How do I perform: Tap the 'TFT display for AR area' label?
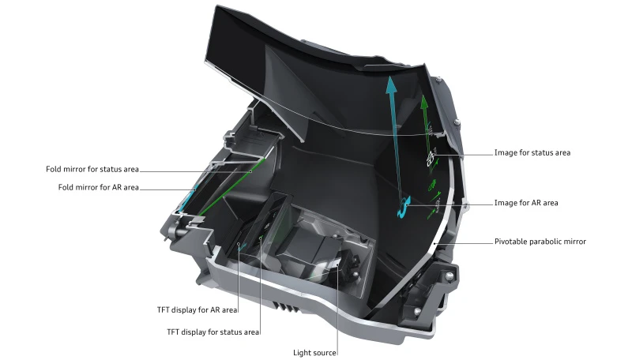point(197,310)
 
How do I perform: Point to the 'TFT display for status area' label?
point(213,332)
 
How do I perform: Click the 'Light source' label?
point(316,353)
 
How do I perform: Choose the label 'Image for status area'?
point(532,152)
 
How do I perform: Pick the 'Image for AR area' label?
point(525,203)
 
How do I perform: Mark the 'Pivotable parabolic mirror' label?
point(540,242)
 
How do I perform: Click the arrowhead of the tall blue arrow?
point(390,84)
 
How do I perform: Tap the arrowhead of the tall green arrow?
point(424,102)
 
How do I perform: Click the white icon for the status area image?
point(431,157)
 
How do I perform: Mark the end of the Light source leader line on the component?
point(338,268)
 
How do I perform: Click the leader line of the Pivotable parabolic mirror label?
point(466,242)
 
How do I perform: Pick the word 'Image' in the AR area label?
point(506,203)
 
